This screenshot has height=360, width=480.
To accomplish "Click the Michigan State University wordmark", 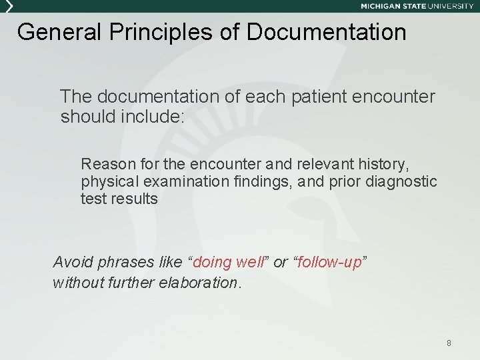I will pyautogui.click(x=417, y=6).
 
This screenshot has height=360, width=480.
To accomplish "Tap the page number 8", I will pyautogui.click(x=449, y=343).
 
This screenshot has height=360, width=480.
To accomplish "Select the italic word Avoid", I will pyautogui.click(x=71, y=262).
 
